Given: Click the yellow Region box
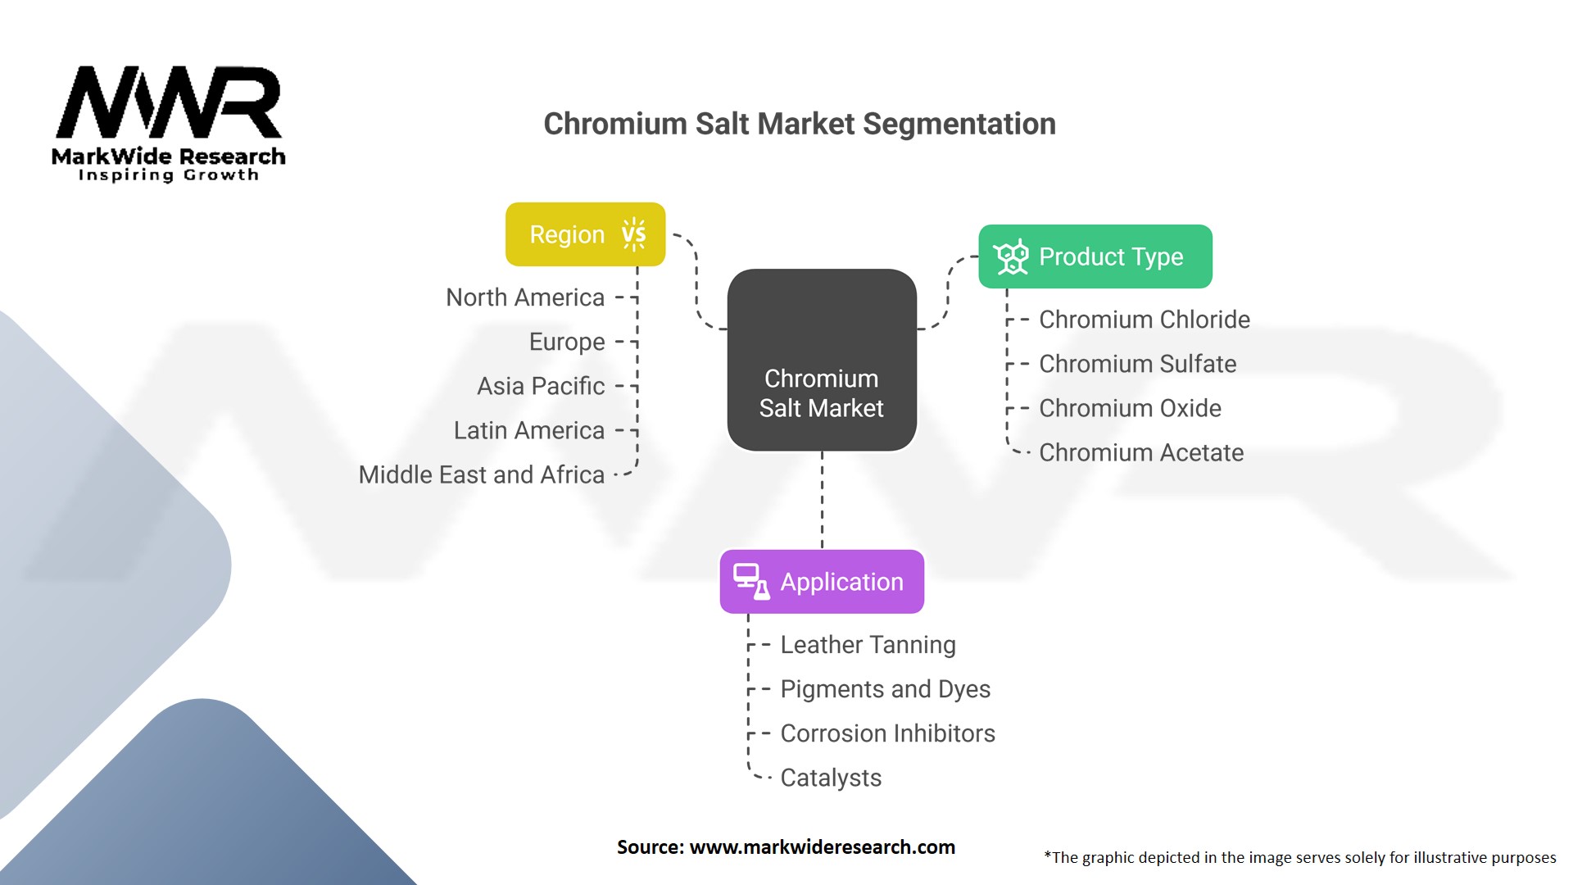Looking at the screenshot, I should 585,234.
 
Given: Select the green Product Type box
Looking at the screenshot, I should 1095,256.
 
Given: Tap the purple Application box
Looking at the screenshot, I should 822,582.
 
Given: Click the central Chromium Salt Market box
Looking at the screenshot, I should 822,361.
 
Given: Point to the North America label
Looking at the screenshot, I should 525,297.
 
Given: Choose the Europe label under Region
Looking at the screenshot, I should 567,342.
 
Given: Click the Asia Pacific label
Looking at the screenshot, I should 541,386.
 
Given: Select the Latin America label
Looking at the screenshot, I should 529,430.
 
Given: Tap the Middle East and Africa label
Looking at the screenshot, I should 482,474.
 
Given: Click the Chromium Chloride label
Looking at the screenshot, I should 1145,320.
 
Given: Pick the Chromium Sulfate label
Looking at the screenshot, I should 1138,364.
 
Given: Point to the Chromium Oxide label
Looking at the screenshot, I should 1130,408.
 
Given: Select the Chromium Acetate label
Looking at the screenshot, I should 1141,452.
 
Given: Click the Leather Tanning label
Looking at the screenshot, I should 868,645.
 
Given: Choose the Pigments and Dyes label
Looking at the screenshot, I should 885,689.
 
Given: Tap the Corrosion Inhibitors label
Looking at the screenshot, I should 887,733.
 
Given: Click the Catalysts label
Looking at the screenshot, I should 831,778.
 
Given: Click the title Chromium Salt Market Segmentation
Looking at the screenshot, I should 800,124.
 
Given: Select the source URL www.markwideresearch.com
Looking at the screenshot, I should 822,847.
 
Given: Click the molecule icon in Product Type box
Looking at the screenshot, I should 1011,257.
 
